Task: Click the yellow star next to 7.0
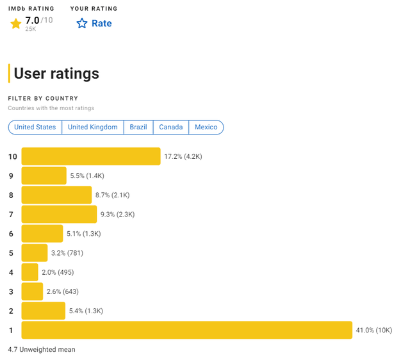pyautogui.click(x=16, y=24)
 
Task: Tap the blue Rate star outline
pyautogui.click(x=82, y=24)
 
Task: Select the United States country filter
pyautogui.click(x=35, y=127)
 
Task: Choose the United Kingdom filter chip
pyautogui.click(x=93, y=127)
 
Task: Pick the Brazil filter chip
pyautogui.click(x=138, y=127)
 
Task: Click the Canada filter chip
pyautogui.click(x=171, y=127)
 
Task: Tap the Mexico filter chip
pyautogui.click(x=206, y=127)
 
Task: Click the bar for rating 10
pyautogui.click(x=91, y=156)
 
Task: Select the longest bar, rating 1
pyautogui.click(x=186, y=330)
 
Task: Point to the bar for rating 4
pyautogui.click(x=30, y=272)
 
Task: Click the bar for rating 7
pyautogui.click(x=59, y=214)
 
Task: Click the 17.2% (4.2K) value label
pyautogui.click(x=183, y=156)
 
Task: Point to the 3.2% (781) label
pyautogui.click(x=67, y=253)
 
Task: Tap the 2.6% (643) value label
pyautogui.click(x=63, y=291)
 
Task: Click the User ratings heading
pyautogui.click(x=56, y=73)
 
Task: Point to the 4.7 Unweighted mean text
pyautogui.click(x=42, y=350)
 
